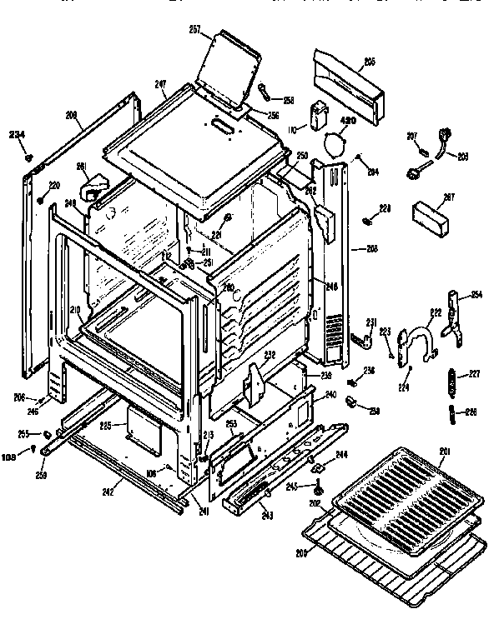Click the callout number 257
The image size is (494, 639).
(195, 30)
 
